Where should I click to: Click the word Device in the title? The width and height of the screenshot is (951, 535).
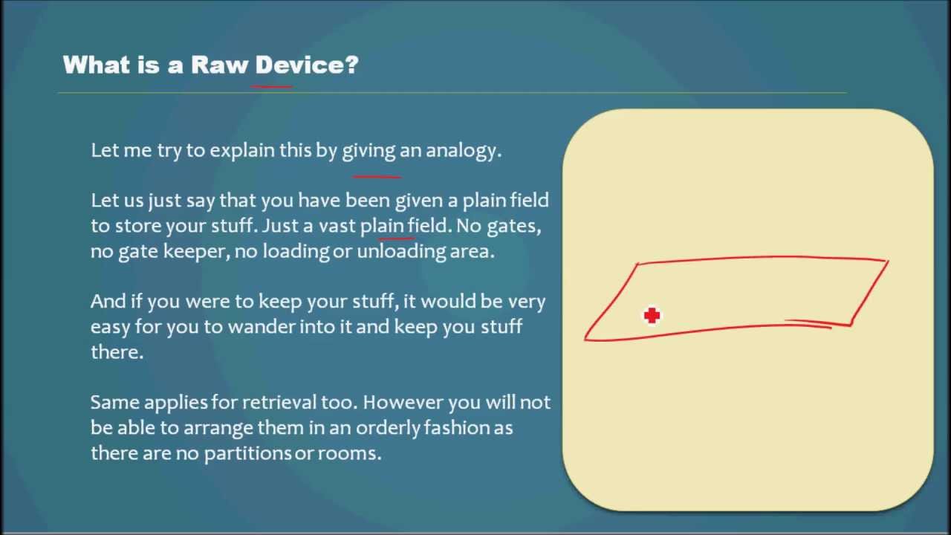(296, 65)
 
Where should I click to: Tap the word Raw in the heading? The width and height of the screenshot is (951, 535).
(219, 65)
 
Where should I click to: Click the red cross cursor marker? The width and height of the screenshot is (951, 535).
(652, 316)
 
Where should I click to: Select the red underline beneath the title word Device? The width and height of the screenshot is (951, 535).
(272, 87)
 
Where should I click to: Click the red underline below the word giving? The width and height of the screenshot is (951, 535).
(377, 177)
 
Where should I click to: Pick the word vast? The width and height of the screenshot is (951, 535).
(337, 226)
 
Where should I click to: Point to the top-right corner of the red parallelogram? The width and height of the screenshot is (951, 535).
(887, 261)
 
